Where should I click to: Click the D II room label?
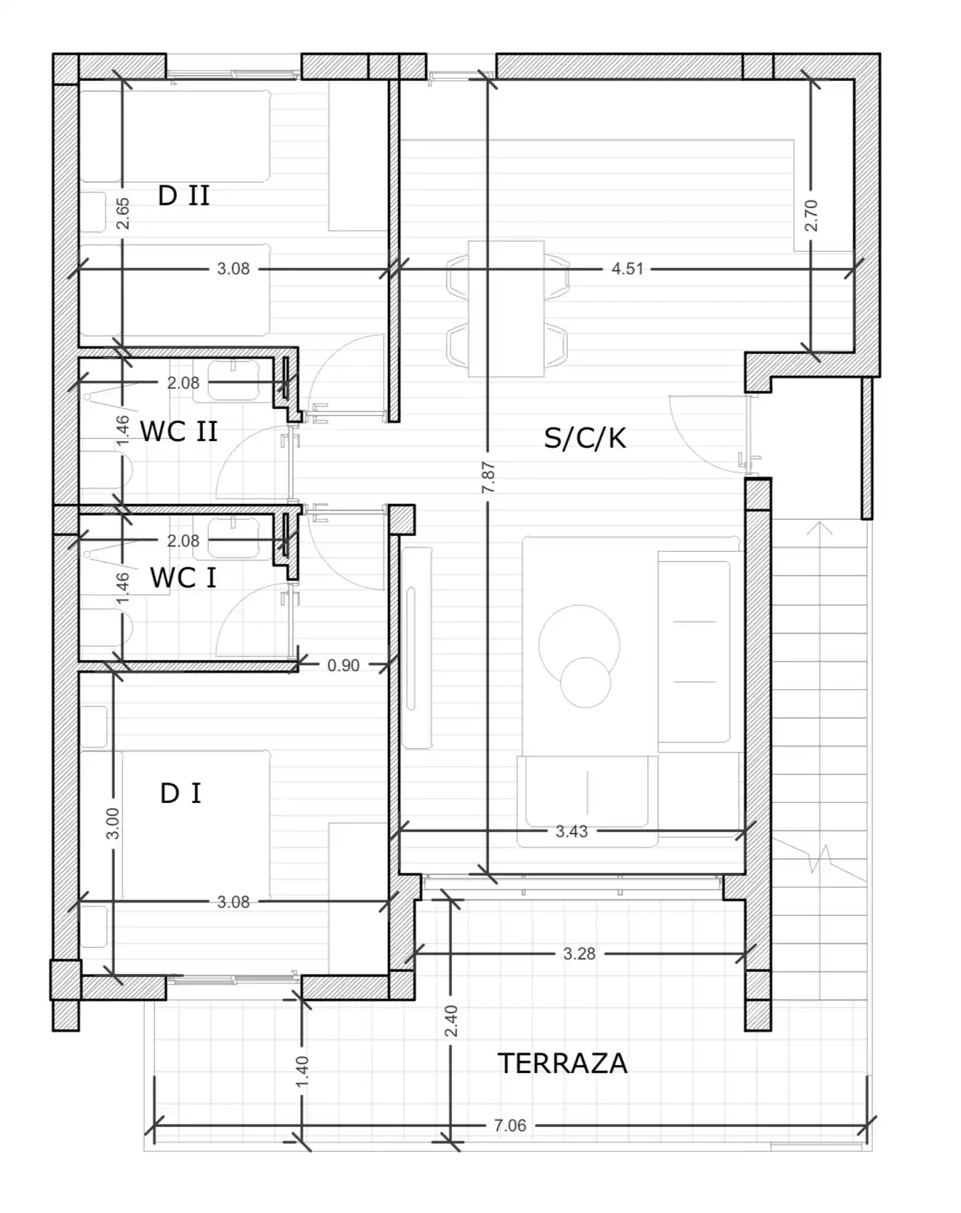point(184,196)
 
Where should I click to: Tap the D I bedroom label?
point(181,794)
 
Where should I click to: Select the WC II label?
point(179,432)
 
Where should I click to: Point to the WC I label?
point(183,578)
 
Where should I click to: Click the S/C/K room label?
point(585,438)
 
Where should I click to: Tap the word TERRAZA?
point(563,1064)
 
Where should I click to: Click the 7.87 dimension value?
point(489,477)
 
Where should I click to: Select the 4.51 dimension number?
point(628,269)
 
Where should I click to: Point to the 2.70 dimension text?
point(812,216)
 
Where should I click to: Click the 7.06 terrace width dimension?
point(510,1126)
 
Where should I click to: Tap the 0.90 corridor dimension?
point(343,665)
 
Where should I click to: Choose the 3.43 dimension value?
point(572,831)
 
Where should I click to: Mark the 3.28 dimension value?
point(580,954)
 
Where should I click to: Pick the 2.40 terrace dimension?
point(451,1022)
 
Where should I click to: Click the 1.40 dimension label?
point(302,1072)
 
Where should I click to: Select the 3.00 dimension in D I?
point(113,823)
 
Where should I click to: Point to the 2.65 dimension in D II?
point(123,214)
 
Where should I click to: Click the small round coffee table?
point(585,682)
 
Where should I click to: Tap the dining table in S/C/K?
point(507,309)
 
